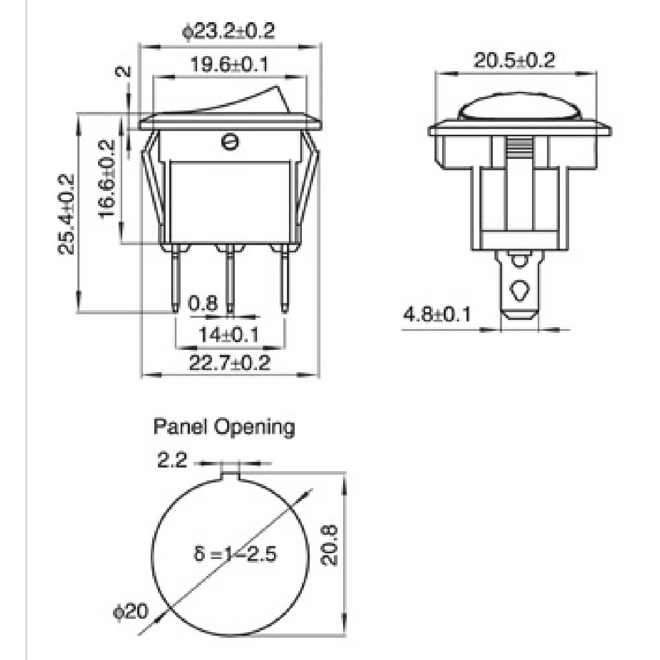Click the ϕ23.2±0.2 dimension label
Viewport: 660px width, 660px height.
click(229, 31)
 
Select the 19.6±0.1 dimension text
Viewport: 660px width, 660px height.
click(230, 65)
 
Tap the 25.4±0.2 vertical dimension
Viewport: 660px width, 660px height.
click(67, 214)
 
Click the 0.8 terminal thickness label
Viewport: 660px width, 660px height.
click(203, 303)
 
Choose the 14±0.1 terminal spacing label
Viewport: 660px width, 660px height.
click(228, 335)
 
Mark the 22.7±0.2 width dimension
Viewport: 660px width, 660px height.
click(229, 363)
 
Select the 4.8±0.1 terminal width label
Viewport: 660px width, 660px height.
click(437, 314)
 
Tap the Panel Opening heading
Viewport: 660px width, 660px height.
click(224, 427)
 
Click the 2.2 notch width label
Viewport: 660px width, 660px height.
click(172, 460)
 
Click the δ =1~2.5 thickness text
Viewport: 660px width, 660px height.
click(235, 554)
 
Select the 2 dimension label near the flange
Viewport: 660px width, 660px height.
click(124, 72)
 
